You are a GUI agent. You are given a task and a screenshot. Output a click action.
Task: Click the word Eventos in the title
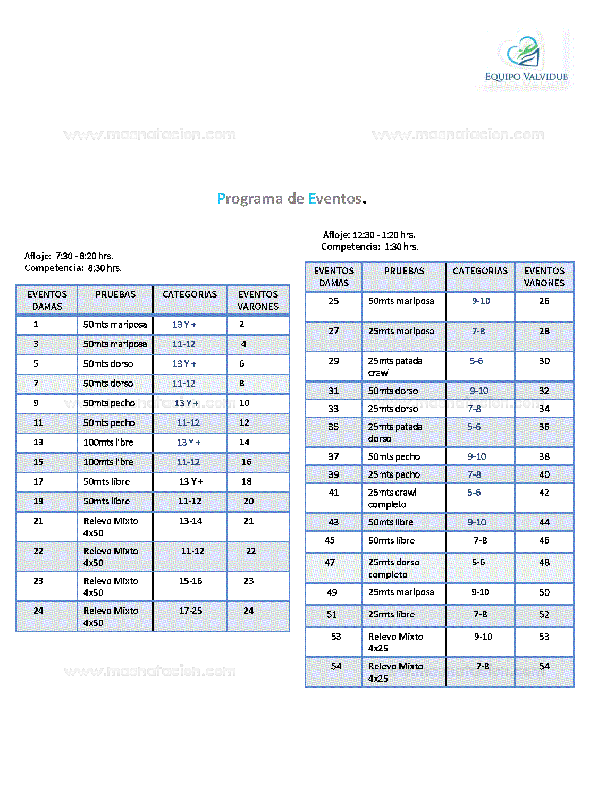pos(335,199)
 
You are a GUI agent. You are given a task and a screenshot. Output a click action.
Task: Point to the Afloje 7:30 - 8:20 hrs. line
pos(69,256)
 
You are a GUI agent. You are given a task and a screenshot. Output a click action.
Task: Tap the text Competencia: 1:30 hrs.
pos(369,247)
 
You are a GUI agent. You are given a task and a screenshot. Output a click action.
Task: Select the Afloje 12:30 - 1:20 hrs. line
pos(369,235)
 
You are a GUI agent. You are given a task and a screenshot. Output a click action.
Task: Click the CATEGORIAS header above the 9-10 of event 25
pos(480,271)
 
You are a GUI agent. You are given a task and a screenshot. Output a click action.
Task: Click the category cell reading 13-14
pos(190,521)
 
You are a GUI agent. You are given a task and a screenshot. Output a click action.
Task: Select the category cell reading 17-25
pos(190,611)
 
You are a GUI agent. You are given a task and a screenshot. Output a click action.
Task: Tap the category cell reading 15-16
pos(190,581)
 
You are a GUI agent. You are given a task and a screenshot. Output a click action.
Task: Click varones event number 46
pos(544,540)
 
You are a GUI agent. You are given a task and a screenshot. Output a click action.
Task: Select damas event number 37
pos(333,457)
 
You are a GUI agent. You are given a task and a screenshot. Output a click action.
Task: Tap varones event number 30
pos(544,361)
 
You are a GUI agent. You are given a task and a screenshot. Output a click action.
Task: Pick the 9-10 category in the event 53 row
pos(483,637)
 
